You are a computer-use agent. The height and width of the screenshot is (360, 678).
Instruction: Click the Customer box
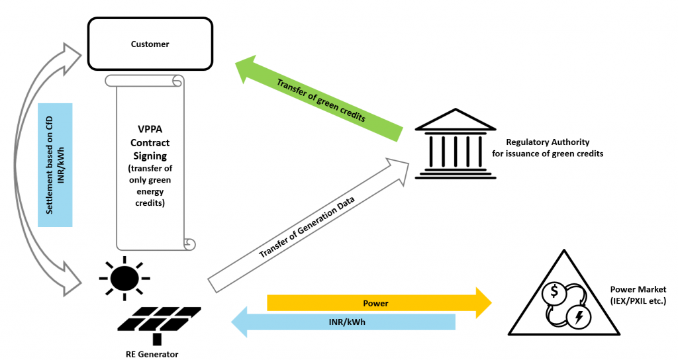coord(150,44)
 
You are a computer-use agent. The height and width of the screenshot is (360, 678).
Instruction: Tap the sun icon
coord(124,277)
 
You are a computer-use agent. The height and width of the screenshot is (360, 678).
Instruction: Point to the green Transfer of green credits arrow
coord(318,99)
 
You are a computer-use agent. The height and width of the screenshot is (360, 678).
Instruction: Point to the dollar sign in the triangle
coord(554,291)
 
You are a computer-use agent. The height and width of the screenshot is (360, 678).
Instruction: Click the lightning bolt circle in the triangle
coord(579,318)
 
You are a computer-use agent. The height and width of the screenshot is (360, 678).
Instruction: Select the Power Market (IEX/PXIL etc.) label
coord(638,295)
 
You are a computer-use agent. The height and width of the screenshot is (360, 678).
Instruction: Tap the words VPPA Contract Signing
coord(150,143)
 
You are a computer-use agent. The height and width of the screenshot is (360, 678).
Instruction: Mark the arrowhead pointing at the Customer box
coord(73,55)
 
